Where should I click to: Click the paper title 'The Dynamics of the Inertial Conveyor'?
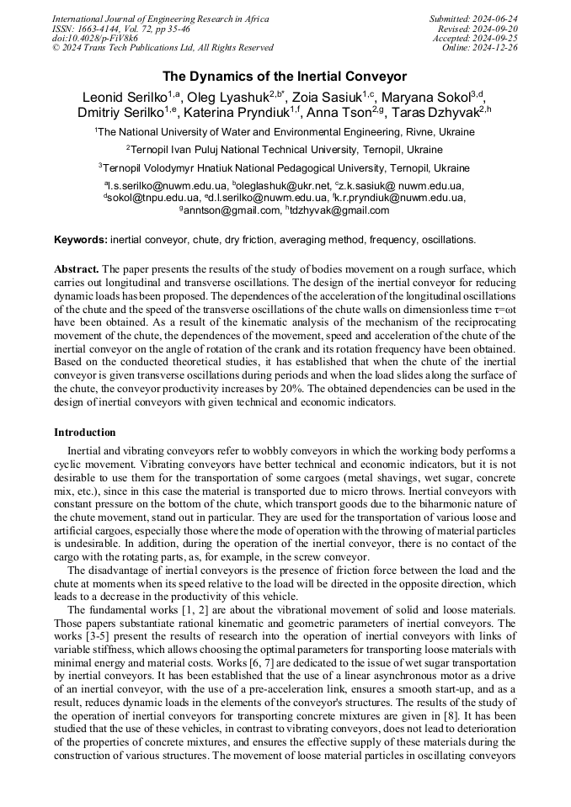pyautogui.click(x=285, y=77)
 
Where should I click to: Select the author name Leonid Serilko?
pyautogui.click(x=124, y=95)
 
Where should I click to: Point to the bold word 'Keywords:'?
pyautogui.click(x=81, y=240)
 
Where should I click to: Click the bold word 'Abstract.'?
pyautogui.click(x=77, y=268)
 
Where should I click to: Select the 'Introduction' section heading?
pyautogui.click(x=85, y=432)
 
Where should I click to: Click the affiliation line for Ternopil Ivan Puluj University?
pyautogui.click(x=285, y=150)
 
